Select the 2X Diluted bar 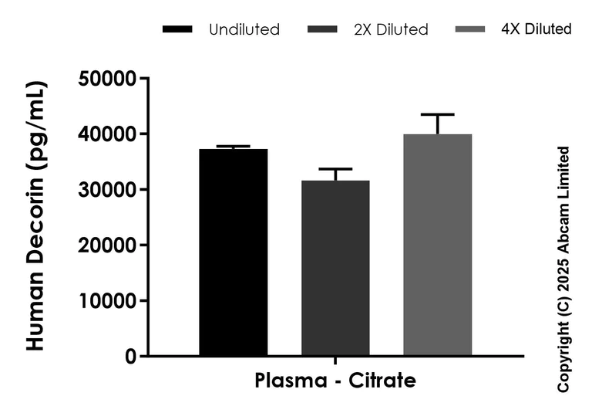[335, 269]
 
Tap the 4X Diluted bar [437, 245]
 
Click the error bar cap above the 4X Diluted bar [437, 114]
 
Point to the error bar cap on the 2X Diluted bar [335, 169]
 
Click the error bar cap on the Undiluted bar [234, 146]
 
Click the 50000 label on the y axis [109, 79]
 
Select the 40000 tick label [109, 134]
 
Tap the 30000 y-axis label [109, 190]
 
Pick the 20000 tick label [109, 245]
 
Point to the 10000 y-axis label [109, 301]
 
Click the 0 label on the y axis [130, 357]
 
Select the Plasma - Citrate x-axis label [335, 381]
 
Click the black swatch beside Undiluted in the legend [177, 30]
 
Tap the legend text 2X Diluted [390, 30]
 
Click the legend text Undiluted [244, 30]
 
